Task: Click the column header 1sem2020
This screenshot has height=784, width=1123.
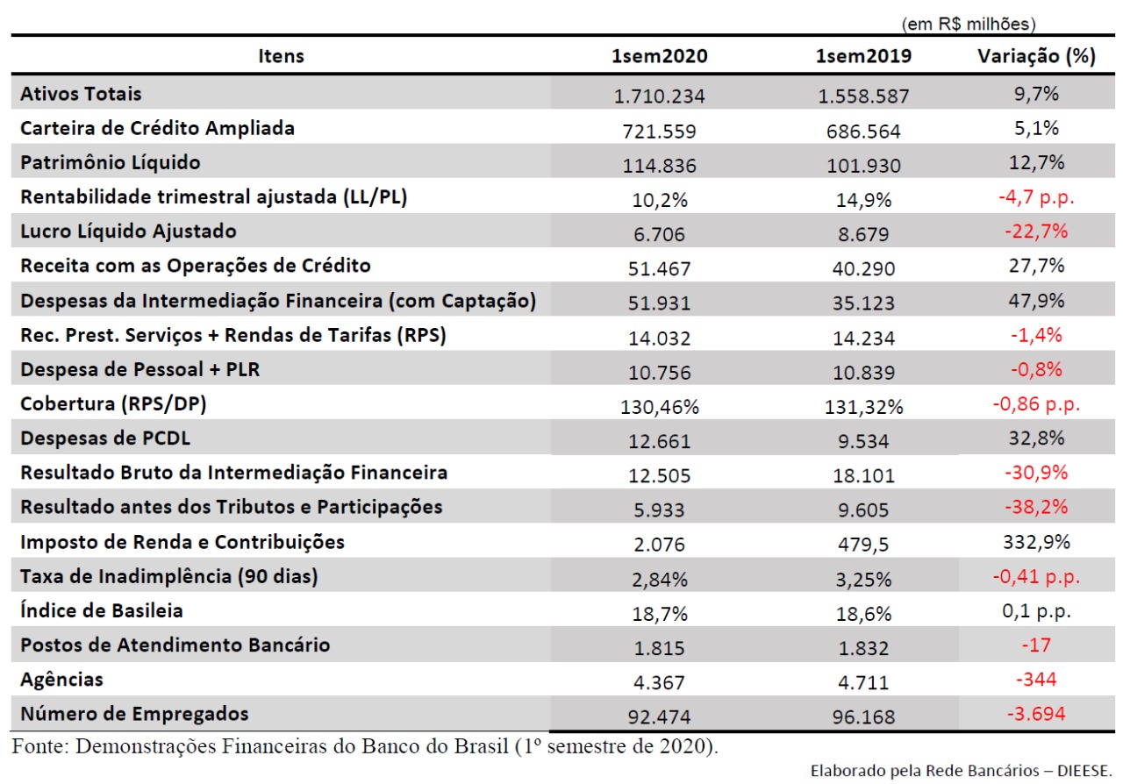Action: coord(659,55)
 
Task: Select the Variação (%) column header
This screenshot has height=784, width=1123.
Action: coord(1036,56)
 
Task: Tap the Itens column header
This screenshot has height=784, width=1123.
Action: coord(281,56)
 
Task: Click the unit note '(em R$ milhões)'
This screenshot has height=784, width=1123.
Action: coord(969,24)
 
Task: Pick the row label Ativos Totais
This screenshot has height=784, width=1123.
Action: coord(81,94)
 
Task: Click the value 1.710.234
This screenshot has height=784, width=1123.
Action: coord(659,96)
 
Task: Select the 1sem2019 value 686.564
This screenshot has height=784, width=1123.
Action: coord(863,132)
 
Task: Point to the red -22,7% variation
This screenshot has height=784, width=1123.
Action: coord(1036,232)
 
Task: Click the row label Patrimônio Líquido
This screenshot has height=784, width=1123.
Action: coord(111,163)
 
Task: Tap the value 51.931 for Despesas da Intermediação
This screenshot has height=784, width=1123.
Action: coord(659,303)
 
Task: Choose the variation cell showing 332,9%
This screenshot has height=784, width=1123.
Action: coord(1036,542)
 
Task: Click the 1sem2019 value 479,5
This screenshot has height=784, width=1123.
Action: coord(863,545)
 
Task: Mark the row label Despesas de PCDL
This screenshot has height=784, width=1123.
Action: coord(105,438)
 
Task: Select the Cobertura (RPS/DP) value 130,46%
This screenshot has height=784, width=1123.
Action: coord(659,407)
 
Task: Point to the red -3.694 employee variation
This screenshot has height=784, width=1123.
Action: coord(1036,714)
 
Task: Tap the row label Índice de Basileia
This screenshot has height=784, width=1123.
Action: coord(101,610)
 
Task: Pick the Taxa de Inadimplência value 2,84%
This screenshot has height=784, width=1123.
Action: coord(659,580)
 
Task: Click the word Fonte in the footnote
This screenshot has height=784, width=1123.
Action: coord(39,746)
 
